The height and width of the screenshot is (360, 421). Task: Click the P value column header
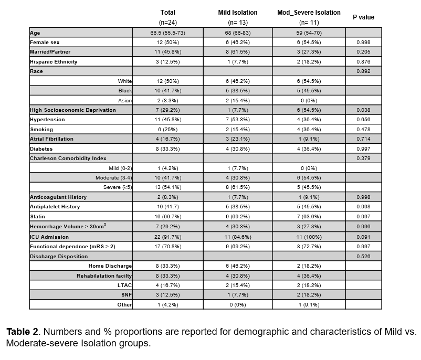click(x=363, y=17)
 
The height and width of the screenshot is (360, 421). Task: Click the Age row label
click(x=35, y=33)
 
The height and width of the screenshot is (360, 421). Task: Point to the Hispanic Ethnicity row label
click(x=54, y=61)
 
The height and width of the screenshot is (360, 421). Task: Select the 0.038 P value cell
click(x=363, y=110)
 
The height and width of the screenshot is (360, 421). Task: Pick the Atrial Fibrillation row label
click(x=51, y=139)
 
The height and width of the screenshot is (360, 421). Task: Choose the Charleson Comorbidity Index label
click(x=68, y=158)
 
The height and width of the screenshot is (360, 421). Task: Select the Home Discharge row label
click(x=110, y=266)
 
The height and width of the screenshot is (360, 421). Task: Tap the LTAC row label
click(x=125, y=285)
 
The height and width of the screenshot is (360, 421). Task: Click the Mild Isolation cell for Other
click(x=237, y=304)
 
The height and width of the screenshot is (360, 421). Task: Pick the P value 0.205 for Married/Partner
click(x=363, y=52)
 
